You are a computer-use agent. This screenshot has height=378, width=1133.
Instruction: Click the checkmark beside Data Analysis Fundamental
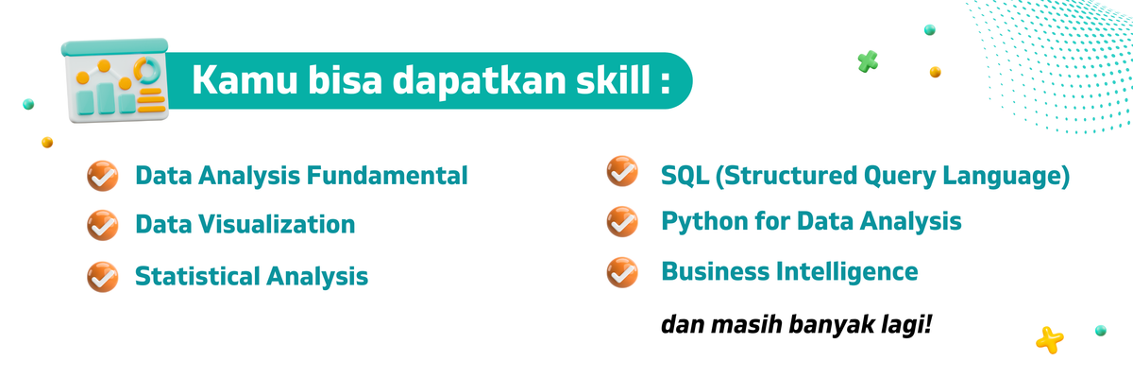(x=102, y=176)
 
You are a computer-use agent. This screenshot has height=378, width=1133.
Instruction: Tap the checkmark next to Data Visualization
(x=102, y=226)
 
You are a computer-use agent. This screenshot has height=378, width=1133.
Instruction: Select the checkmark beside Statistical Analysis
(x=102, y=277)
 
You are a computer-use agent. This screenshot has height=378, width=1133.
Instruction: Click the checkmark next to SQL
(x=621, y=172)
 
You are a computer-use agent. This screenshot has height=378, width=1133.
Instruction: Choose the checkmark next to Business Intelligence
(x=621, y=272)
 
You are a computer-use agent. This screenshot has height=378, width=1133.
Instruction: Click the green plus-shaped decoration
(x=869, y=62)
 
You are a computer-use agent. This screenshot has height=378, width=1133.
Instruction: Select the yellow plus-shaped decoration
(x=1049, y=338)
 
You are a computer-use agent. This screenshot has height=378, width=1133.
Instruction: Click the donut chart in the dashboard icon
(x=146, y=70)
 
